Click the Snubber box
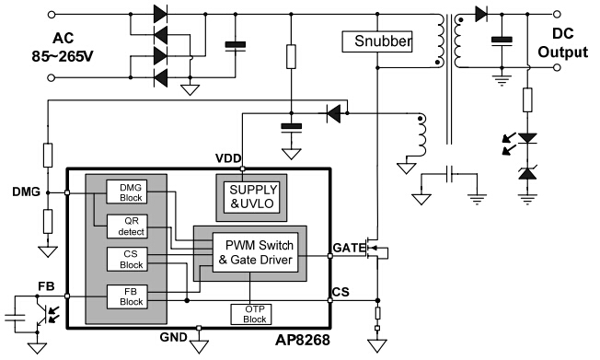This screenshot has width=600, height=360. click(377, 42)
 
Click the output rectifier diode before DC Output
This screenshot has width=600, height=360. click(481, 14)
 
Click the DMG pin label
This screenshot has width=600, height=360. click(25, 192)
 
